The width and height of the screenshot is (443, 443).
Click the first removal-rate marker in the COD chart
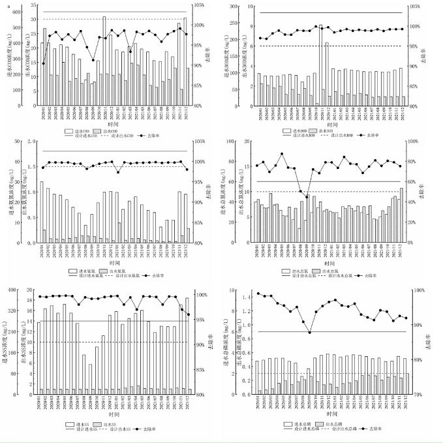click(x=44, y=63)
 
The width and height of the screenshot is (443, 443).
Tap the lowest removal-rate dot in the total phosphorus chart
click(x=310, y=332)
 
